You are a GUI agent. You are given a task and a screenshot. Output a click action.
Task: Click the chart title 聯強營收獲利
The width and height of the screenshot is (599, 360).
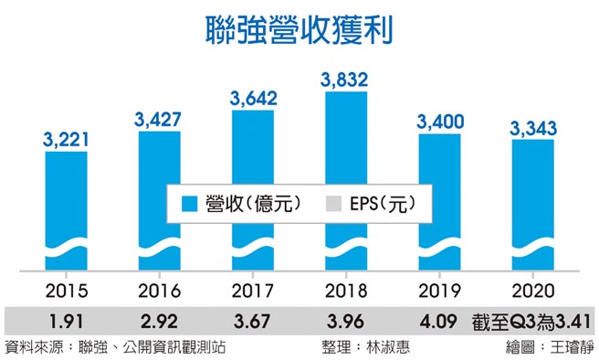(x=299, y=29)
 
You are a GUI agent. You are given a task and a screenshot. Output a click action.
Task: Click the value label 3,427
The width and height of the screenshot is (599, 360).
(x=159, y=120)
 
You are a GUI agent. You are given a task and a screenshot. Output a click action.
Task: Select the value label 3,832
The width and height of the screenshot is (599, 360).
(x=344, y=79)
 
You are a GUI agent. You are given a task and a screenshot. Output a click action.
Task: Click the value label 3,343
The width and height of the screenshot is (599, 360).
(x=531, y=128)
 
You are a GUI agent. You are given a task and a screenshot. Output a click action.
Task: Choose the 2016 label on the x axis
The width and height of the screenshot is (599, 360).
(x=159, y=291)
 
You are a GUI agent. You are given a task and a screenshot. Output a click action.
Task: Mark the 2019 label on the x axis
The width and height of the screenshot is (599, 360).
(x=438, y=291)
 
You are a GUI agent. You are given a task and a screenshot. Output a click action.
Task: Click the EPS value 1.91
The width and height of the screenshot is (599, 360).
(x=66, y=321)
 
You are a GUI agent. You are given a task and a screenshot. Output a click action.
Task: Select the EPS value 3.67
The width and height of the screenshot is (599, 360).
(x=252, y=321)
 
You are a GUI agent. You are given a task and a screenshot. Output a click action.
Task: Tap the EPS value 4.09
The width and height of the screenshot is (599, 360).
(x=438, y=321)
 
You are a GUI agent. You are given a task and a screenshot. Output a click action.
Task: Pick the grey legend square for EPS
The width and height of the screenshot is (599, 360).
(x=334, y=204)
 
